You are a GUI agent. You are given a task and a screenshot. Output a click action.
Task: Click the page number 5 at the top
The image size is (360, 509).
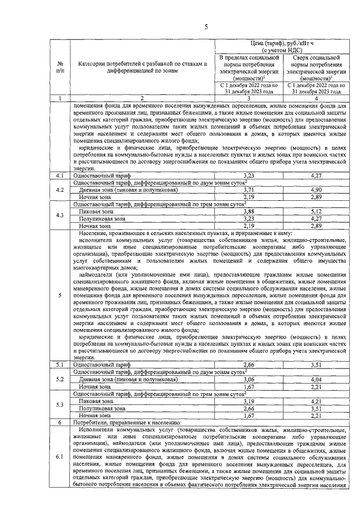205,26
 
